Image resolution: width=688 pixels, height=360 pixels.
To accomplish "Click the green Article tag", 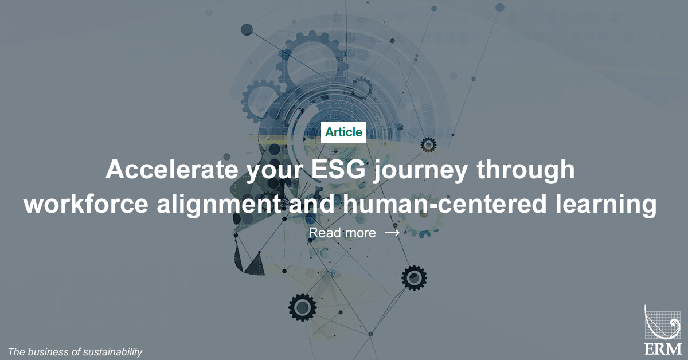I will click(343, 132).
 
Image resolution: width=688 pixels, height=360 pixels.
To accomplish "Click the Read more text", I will click(342, 233).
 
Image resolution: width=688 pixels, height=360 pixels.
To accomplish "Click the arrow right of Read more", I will click(392, 233).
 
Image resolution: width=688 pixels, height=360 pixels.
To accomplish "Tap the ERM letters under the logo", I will click(663, 349).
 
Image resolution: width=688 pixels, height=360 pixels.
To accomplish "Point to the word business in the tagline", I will click(48, 351).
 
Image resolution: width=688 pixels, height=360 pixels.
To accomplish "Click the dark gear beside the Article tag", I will click(428, 144).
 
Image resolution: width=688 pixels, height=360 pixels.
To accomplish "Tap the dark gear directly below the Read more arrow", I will click(413, 278).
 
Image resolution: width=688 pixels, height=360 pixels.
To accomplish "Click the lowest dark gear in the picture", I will click(302, 307).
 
